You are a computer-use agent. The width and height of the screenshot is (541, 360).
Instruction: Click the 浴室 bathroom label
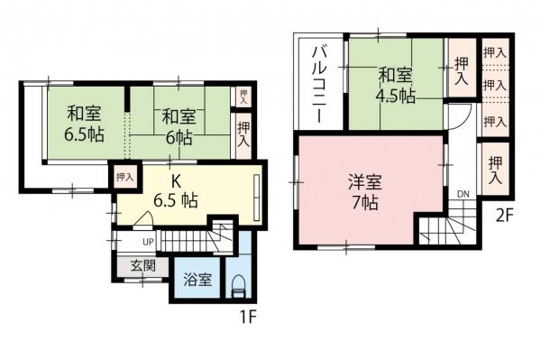[197, 280]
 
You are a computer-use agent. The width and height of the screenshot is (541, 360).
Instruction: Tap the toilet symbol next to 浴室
[238, 286]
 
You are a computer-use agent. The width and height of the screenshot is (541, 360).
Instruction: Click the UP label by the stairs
[147, 242]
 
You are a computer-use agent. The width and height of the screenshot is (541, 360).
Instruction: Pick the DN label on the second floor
[462, 194]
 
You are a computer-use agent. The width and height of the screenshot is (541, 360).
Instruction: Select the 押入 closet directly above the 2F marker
[494, 171]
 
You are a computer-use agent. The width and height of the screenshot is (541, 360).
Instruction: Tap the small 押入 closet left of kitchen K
[124, 178]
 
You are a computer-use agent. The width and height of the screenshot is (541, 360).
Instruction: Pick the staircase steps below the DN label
[449, 227]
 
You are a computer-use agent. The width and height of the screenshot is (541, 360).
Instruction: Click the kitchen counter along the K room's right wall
[258, 197]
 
